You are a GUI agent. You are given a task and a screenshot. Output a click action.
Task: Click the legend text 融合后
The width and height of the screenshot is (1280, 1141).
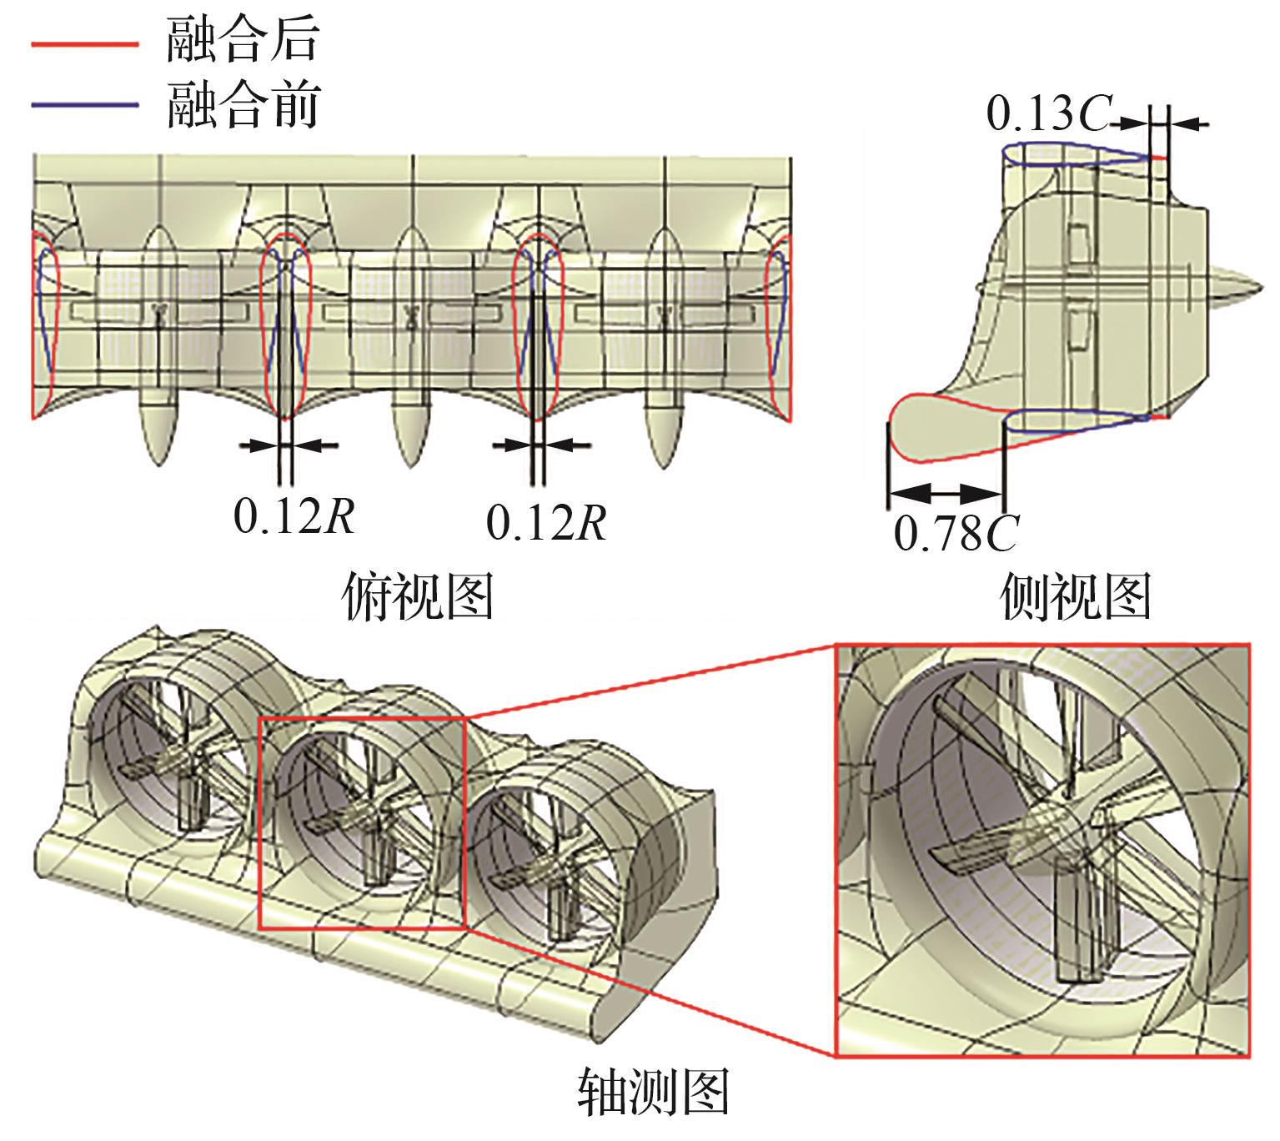coord(241,41)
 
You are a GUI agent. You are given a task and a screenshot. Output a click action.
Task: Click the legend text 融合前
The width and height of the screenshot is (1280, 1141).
coord(241,105)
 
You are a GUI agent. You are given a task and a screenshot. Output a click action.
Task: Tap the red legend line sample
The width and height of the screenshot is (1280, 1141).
coord(84,43)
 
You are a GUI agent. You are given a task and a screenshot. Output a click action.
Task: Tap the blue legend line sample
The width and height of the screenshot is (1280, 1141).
coord(84,105)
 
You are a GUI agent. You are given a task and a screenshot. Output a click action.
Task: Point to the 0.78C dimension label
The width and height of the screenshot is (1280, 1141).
coord(956,533)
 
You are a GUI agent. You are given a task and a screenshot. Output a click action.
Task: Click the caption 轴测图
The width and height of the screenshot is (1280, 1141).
coord(653,1093)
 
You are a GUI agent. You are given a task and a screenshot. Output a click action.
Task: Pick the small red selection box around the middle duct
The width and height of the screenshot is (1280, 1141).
coord(361,822)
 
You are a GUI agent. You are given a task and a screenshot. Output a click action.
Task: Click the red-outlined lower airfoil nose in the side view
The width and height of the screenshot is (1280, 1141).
coord(913,425)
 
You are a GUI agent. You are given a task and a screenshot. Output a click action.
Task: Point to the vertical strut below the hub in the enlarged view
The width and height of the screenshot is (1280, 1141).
coord(1080,926)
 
